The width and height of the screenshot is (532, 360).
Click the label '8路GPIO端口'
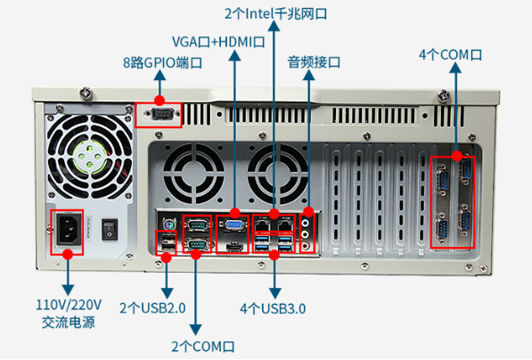click(163, 63)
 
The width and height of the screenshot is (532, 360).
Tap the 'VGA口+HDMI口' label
click(219, 41)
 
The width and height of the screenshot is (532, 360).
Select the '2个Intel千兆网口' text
click(275, 13)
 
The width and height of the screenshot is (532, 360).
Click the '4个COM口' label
click(450, 54)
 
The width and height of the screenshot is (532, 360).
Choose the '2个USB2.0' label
click(152, 308)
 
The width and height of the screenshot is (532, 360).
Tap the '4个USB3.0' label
click(273, 308)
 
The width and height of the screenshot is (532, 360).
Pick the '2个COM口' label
click(204, 345)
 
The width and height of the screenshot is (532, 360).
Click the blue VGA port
click(233, 226)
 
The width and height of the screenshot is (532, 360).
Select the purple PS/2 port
click(165, 223)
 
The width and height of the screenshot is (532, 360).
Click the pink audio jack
click(308, 238)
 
